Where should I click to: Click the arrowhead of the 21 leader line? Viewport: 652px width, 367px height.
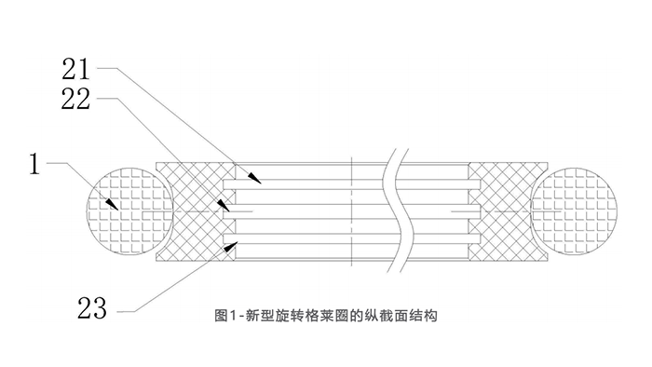click(254, 176)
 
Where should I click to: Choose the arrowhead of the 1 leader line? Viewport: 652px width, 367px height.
click(114, 204)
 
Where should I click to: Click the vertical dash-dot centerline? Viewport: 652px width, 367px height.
click(350, 211)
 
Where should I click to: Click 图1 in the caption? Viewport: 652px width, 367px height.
click(224, 316)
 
